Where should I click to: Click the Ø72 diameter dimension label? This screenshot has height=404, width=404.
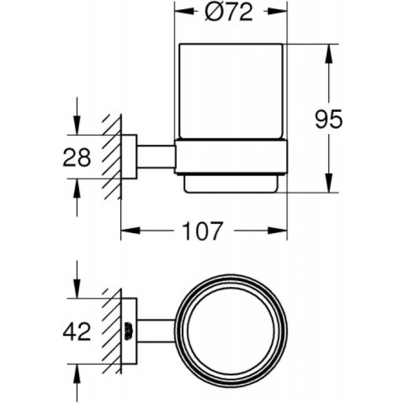coord(230,12)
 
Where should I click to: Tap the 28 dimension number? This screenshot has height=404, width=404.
coord(77,157)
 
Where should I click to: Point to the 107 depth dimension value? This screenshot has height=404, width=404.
coord(202,232)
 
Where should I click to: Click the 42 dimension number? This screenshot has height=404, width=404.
coord(77,331)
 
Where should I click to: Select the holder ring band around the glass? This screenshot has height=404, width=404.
coord(231,156)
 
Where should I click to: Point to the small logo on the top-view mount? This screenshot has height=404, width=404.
coord(129,331)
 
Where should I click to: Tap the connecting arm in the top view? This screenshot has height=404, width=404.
coord(156,331)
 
